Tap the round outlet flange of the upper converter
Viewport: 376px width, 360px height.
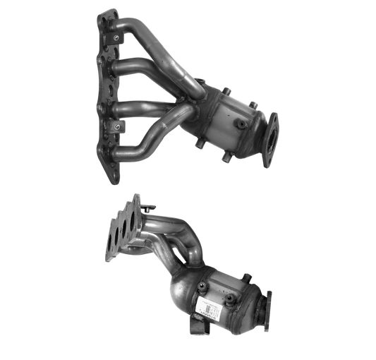[x=270, y=138]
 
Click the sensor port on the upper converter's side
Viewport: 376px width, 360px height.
[x=242, y=125]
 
